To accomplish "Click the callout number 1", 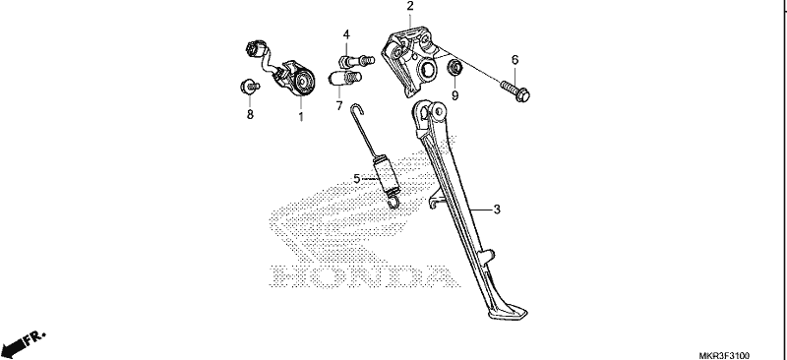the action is tap(301, 116).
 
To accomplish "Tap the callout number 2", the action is tap(410, 6).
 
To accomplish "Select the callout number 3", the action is tap(497, 210).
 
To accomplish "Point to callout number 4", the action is tap(346, 34).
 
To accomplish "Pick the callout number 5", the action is tap(357, 179).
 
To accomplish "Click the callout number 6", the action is tap(515, 60).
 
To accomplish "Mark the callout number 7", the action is tap(339, 106).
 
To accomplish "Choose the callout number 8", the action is tap(250, 114).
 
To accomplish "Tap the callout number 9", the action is tap(454, 95).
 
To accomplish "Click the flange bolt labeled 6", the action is tap(515, 90).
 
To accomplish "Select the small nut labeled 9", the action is tap(454, 67).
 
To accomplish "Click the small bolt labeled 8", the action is tap(249, 87).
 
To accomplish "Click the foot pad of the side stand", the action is tap(507, 313).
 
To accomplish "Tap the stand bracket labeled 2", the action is tap(409, 61).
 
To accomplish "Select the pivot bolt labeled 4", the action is tap(357, 61).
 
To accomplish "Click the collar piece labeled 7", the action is tap(344, 79).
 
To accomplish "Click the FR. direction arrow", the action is tap(23, 343).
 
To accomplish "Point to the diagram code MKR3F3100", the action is tap(724, 355).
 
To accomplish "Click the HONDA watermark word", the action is tap(365, 276).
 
